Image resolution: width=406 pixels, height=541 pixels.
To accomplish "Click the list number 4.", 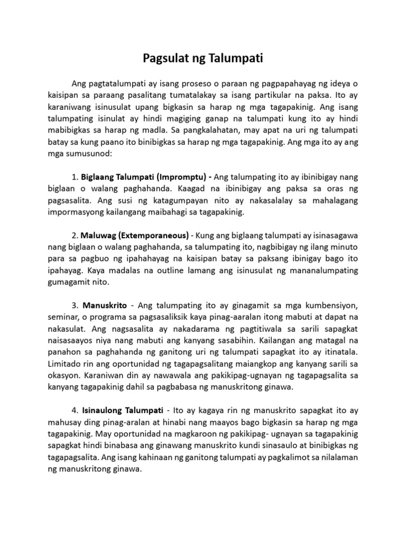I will [x=73, y=410].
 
